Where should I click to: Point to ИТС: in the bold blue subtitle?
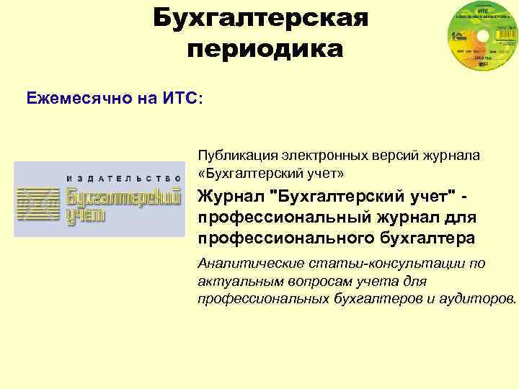click(183, 98)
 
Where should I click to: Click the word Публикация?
click(230, 156)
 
